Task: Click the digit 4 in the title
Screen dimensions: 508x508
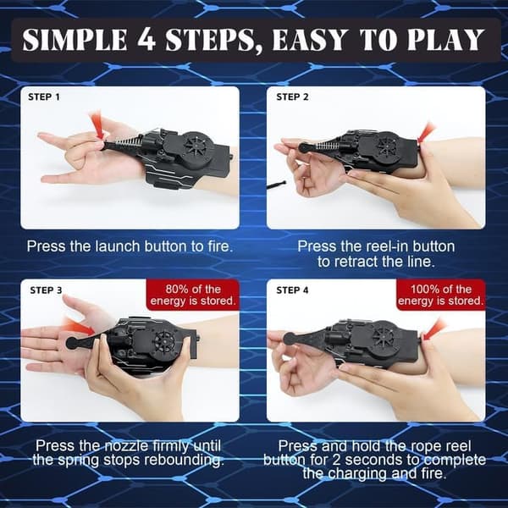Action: tap(146, 39)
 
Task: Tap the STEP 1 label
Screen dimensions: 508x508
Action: tap(44, 97)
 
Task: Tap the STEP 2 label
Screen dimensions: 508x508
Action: tap(293, 97)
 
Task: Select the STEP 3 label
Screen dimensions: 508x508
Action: tap(46, 290)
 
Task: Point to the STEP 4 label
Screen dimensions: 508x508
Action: tap(293, 290)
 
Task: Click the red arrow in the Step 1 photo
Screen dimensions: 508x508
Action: tap(97, 124)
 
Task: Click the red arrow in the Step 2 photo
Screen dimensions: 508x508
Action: tap(427, 132)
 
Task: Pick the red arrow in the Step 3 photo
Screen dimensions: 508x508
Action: tap(79, 326)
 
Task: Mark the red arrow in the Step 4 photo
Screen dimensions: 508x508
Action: tap(435, 329)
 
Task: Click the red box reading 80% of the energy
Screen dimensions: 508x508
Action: tap(193, 295)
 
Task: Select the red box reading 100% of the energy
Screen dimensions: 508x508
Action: tap(441, 295)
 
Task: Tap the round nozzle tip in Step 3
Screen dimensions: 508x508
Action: tap(72, 343)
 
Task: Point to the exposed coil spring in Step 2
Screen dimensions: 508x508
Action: tap(326, 146)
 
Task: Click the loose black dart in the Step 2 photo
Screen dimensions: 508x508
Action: tap(276, 185)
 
